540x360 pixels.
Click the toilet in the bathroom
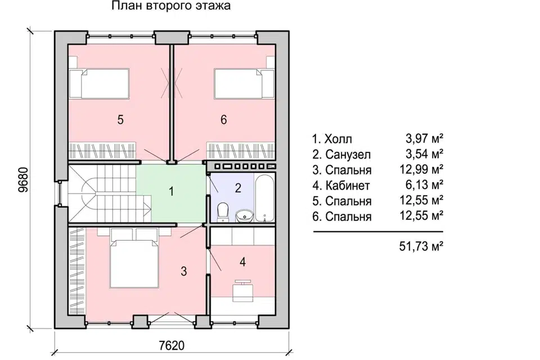[x=223, y=211]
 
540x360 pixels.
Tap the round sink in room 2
[x=245, y=216]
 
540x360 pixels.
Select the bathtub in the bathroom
[x=264, y=199]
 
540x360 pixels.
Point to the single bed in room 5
[x=99, y=83]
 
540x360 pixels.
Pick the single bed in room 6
[x=244, y=83]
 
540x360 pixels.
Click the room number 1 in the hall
[x=171, y=191]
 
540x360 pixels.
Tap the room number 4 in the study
[x=243, y=262]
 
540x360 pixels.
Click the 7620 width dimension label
[x=172, y=345]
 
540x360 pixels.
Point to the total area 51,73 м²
[x=421, y=246]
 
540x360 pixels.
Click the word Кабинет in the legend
[x=348, y=186]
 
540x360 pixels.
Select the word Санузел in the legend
[x=348, y=154]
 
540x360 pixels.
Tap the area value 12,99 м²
[x=421, y=169]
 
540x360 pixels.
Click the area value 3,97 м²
[x=424, y=138]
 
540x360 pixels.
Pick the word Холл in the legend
[x=339, y=139]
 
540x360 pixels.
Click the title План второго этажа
[x=171, y=6]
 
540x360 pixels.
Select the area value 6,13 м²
[x=424, y=184]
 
